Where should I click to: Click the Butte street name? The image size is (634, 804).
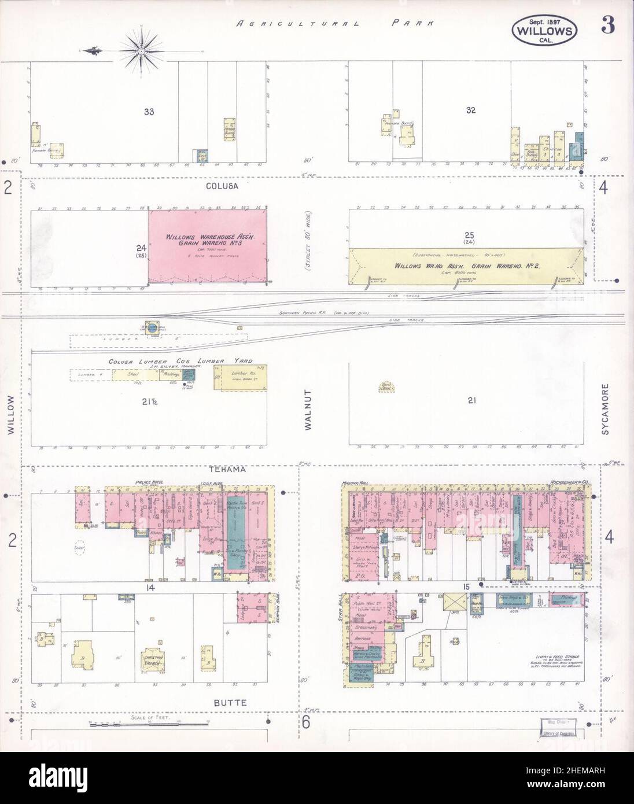234,703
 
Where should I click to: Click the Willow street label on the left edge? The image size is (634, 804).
11,414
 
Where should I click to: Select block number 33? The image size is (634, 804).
149,110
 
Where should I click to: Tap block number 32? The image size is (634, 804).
470,110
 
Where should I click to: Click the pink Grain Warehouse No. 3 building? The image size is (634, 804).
208,247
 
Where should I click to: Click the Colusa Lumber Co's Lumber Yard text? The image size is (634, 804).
180,362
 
